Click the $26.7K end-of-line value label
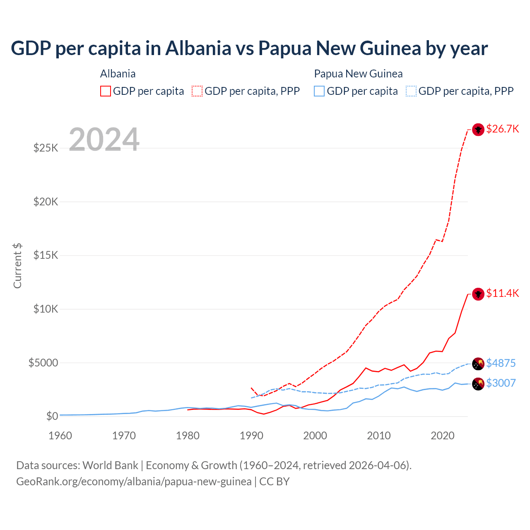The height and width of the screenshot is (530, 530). tap(502, 129)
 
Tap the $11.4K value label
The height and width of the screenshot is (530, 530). tap(502, 294)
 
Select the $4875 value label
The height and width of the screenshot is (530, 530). tap(501, 363)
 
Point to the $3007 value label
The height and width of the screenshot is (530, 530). tap(501, 383)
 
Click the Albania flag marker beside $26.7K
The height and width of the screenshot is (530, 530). tap(478, 130)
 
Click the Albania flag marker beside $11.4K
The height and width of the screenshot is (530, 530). tap(478, 294)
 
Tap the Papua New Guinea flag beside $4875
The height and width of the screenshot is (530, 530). tap(478, 364)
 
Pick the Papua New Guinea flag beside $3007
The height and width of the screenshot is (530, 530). tap(478, 384)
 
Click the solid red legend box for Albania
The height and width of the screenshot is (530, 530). tap(106, 91)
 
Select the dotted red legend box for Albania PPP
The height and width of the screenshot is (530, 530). tap(197, 91)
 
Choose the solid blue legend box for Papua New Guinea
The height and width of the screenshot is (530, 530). tap(319, 91)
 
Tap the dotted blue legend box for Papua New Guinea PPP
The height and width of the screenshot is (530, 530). tap(411, 91)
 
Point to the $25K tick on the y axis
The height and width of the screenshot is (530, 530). tap(46, 148)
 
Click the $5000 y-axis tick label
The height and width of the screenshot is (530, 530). tap(43, 363)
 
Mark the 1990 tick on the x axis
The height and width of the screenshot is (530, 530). tap(251, 436)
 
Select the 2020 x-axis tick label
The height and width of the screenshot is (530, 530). tap(443, 436)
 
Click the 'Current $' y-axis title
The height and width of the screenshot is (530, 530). tap(17, 266)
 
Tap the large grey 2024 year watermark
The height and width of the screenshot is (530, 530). tap(104, 140)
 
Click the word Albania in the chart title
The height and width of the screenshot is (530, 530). tap(198, 48)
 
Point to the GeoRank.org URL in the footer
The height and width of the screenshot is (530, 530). tap(134, 482)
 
